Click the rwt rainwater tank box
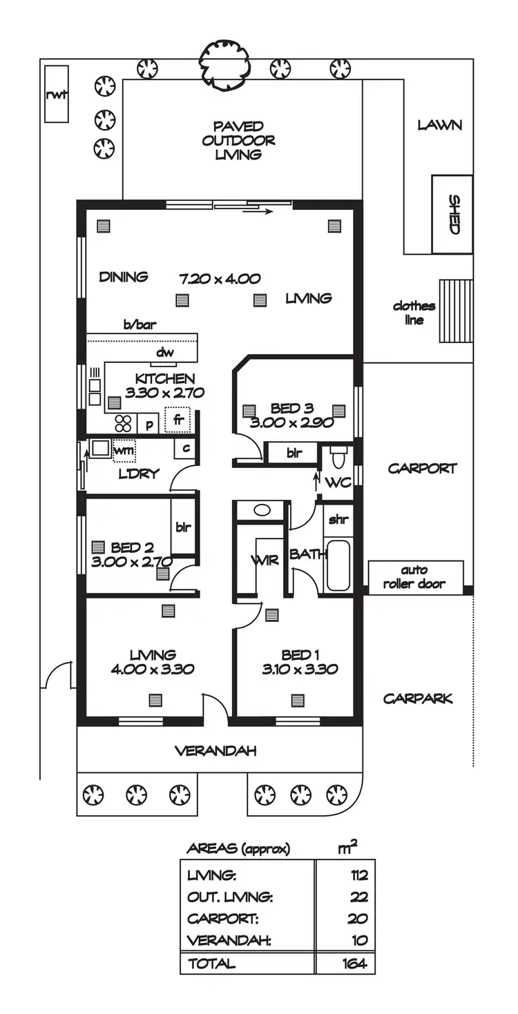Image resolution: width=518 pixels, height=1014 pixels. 57,95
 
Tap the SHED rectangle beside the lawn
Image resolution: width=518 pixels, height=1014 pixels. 453,214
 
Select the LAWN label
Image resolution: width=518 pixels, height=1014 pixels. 439,126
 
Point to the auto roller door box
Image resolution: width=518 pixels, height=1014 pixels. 414,577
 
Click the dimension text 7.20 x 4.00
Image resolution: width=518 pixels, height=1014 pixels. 220,279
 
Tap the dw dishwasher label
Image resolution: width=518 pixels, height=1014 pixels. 164,353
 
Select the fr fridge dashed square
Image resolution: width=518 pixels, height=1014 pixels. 178,420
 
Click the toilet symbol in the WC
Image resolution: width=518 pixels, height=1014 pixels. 338,456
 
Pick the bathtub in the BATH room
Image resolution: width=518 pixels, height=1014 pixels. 338,566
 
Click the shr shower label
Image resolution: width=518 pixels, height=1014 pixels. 338,520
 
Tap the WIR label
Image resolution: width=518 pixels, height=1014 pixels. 265,560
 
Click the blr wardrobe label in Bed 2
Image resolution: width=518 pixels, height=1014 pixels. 183,528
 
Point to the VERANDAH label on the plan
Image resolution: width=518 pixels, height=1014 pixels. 215,750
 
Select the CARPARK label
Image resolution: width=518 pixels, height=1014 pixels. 418,699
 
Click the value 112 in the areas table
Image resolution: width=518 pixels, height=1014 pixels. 358,876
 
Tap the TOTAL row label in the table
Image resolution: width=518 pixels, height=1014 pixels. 211,964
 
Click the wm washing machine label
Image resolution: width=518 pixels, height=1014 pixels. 124,450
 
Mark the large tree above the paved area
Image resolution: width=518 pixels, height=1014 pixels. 222,64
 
